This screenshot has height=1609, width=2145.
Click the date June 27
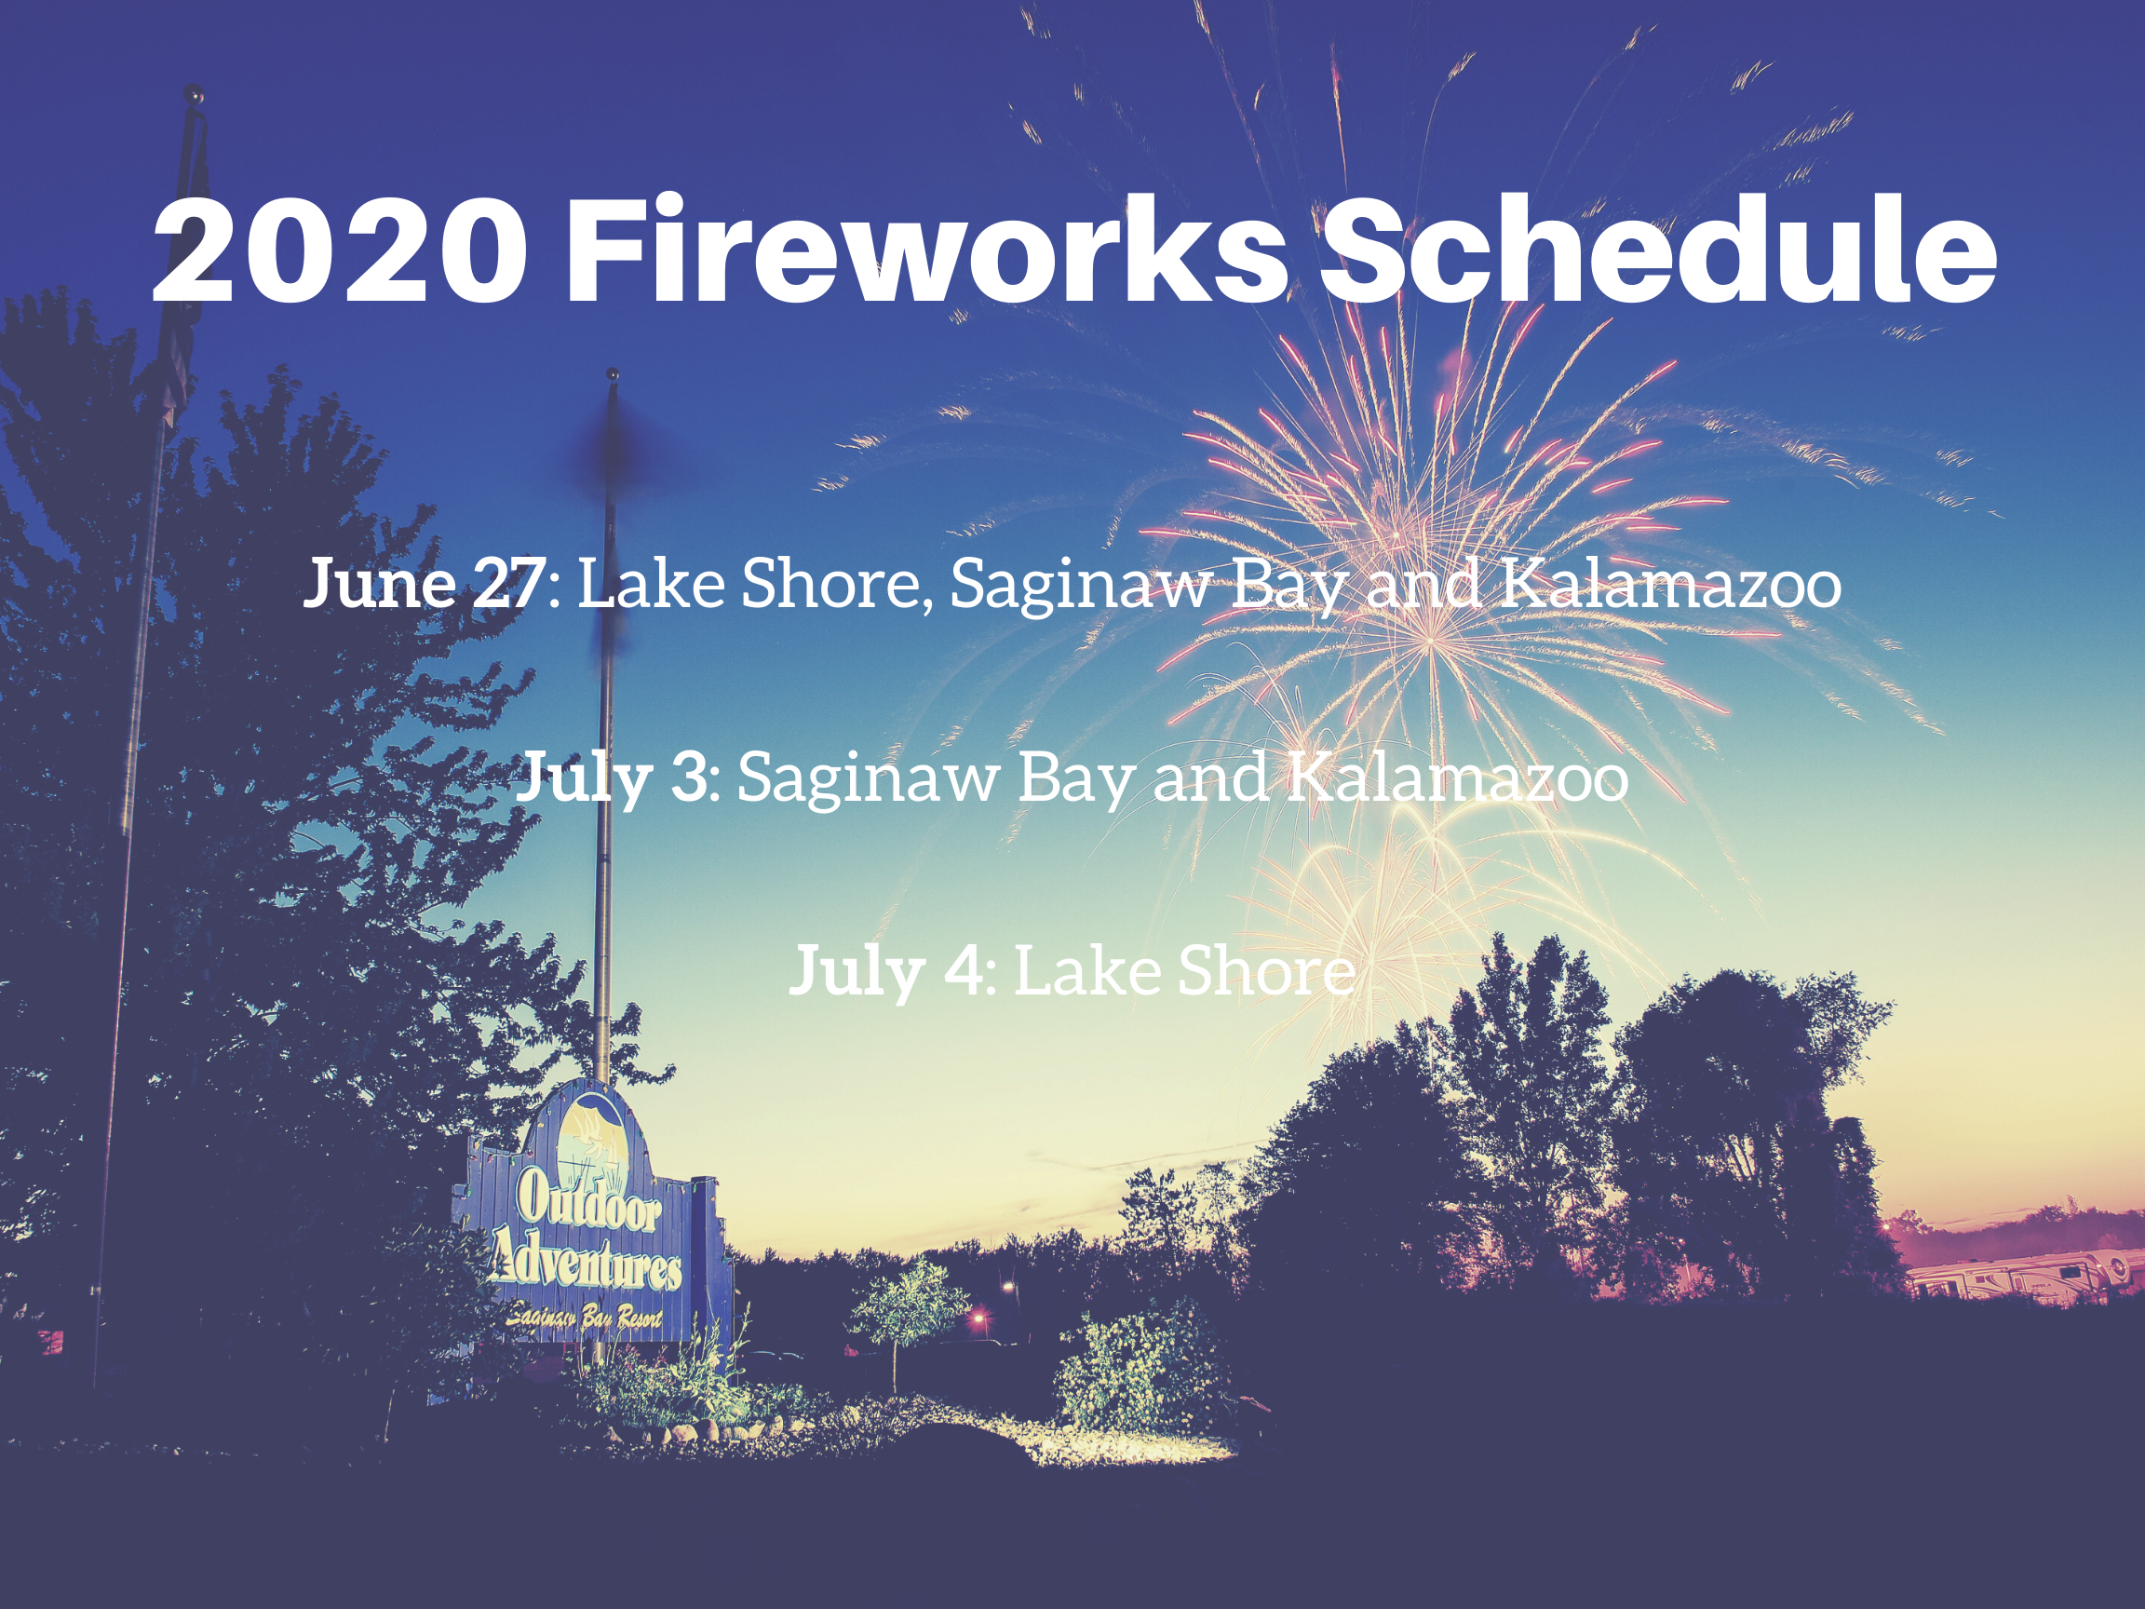(425, 583)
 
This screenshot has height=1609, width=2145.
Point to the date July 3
(612, 777)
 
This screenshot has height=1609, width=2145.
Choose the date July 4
(887, 971)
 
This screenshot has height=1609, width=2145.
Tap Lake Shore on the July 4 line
(1185, 971)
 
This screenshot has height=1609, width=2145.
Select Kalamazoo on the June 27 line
(1671, 585)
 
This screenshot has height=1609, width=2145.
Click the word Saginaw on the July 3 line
(868, 780)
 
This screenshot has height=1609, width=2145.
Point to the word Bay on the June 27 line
(1288, 588)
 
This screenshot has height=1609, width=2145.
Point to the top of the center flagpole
(612, 374)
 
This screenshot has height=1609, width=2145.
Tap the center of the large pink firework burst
(1429, 640)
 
